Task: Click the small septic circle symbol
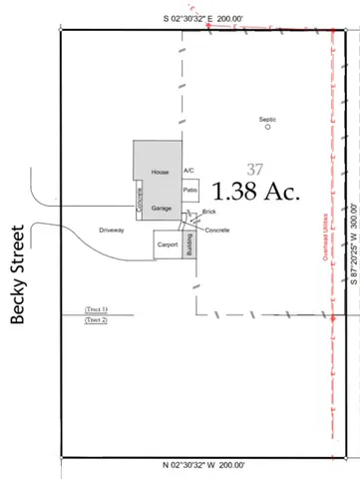pyautogui.click(x=267, y=128)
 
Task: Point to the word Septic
pyautogui.click(x=267, y=119)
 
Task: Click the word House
pyautogui.click(x=157, y=173)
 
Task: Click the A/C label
pyautogui.click(x=188, y=171)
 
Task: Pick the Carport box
pyautogui.click(x=167, y=244)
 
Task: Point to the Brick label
pyautogui.click(x=208, y=212)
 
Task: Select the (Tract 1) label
pyautogui.click(x=96, y=310)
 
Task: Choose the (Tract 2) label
pyautogui.click(x=96, y=320)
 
